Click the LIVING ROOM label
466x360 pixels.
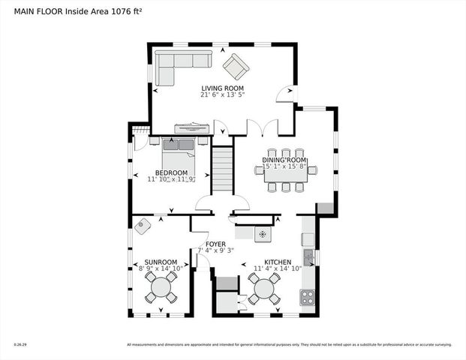222,88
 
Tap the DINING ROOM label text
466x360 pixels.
284,160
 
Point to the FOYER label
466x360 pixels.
216,243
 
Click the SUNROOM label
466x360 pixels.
161,262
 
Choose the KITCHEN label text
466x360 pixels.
277,262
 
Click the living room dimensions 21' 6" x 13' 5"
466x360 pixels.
222,96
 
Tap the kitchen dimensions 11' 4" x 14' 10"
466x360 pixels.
277,268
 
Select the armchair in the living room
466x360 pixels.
236,66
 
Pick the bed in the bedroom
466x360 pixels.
179,156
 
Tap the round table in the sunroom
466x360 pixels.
161,287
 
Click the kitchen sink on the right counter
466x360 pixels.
308,257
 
